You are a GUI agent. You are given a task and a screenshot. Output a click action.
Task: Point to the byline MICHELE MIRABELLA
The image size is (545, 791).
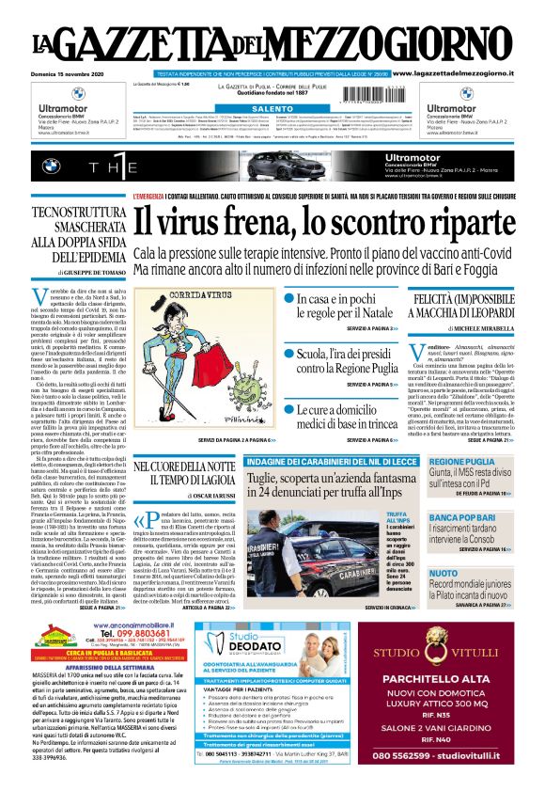468,326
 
